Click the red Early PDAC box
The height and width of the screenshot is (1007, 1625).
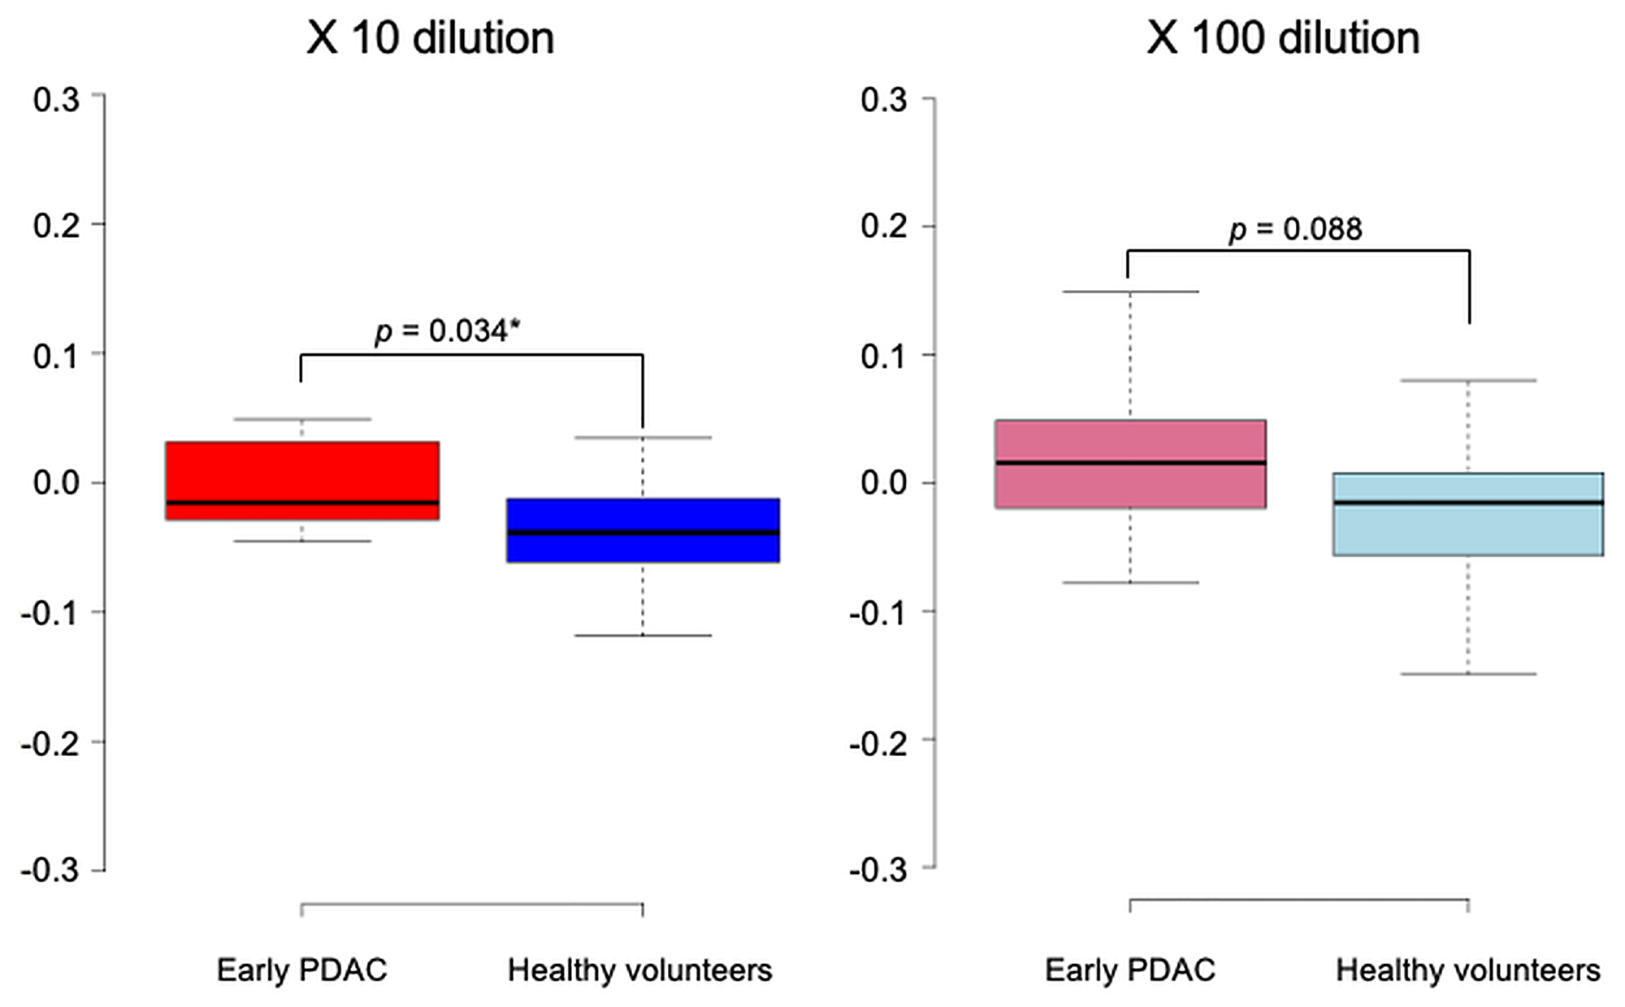click(x=302, y=471)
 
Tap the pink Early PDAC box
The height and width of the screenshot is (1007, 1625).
click(x=1130, y=443)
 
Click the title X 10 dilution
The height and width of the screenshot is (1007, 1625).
click(x=430, y=38)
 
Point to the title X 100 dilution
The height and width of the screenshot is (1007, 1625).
click(x=1283, y=38)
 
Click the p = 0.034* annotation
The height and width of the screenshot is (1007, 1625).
click(x=447, y=331)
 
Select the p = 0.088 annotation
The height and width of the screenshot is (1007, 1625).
click(x=1295, y=230)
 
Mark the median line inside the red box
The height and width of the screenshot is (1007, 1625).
click(x=302, y=503)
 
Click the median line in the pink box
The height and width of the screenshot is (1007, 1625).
click(x=1130, y=463)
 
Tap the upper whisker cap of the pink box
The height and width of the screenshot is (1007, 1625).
click(x=1130, y=292)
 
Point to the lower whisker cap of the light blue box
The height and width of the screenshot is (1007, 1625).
click(x=1467, y=674)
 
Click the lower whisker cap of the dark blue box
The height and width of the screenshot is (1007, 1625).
click(x=643, y=635)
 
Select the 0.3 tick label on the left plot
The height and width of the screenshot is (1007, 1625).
click(x=56, y=100)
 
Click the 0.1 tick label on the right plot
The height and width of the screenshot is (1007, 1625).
click(x=884, y=357)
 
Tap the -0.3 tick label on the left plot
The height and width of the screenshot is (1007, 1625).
click(x=50, y=871)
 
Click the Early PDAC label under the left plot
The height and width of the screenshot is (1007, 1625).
click(x=301, y=970)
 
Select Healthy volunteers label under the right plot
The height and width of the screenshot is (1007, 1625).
click(x=1467, y=970)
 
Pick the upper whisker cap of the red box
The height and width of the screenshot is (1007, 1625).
click(x=302, y=419)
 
